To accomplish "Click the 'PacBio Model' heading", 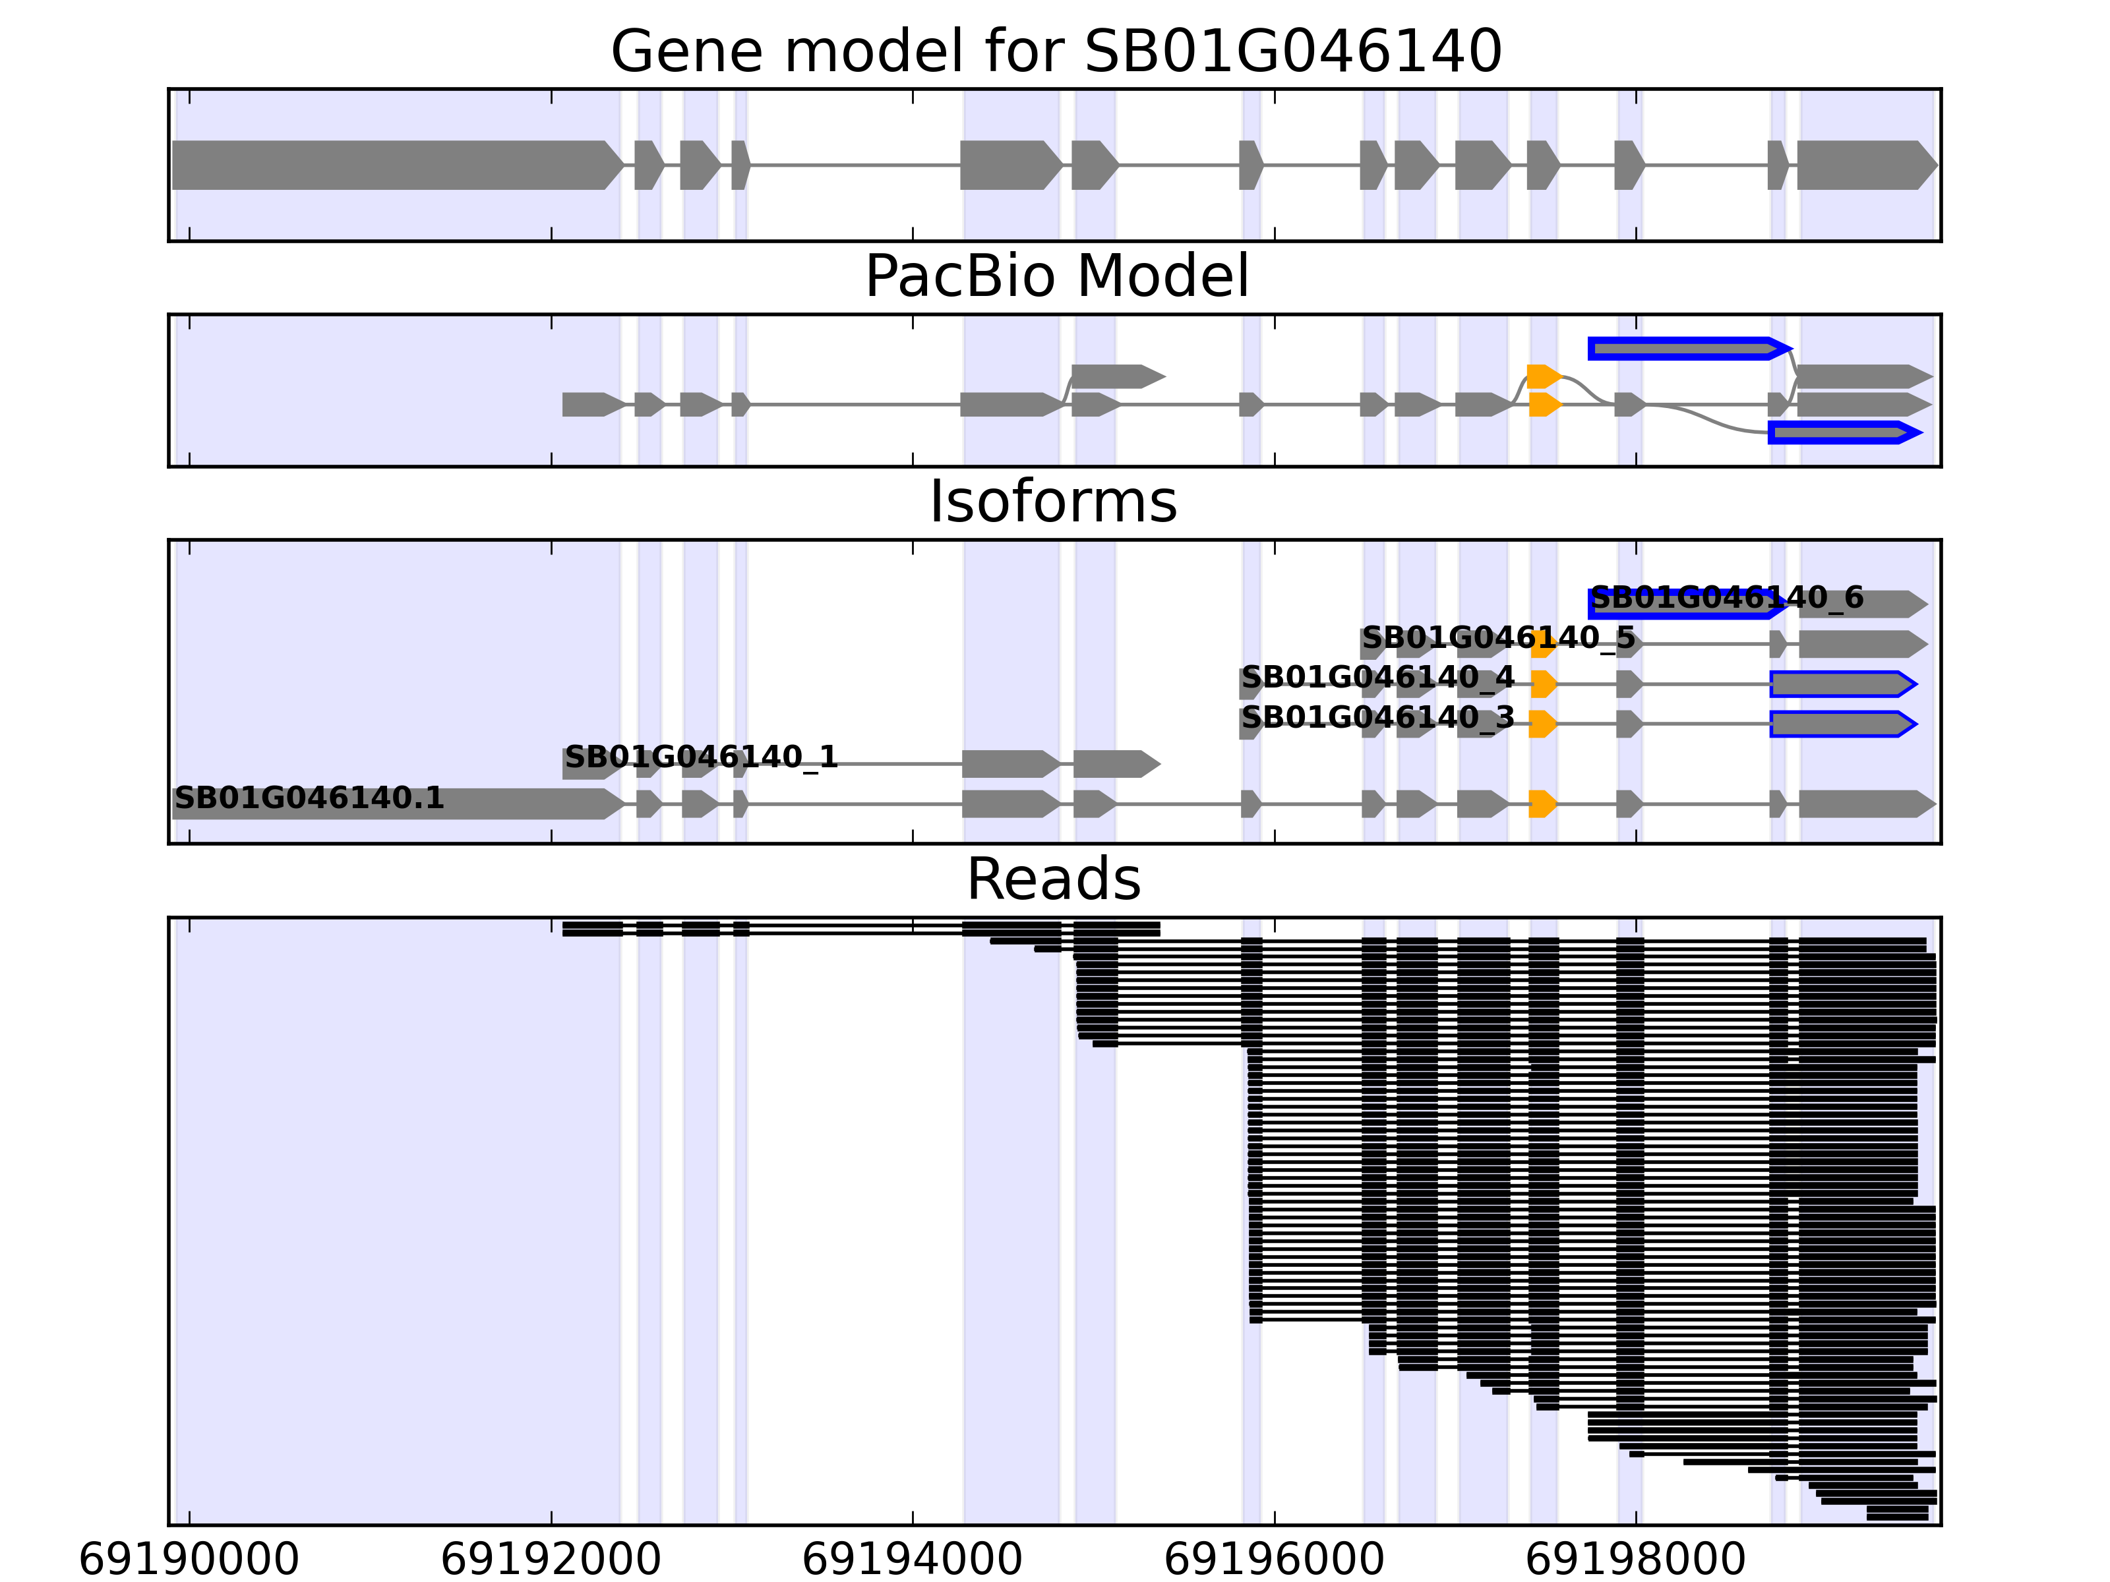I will [x=1056, y=277].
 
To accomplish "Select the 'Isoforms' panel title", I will [x=1053, y=502].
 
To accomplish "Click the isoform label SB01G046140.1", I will [x=309, y=798].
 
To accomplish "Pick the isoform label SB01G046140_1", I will [x=701, y=757].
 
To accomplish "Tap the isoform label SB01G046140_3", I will [x=1377, y=717].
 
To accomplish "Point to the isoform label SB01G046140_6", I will [x=1726, y=598].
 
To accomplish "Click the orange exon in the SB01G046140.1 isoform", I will [x=1542, y=804].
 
